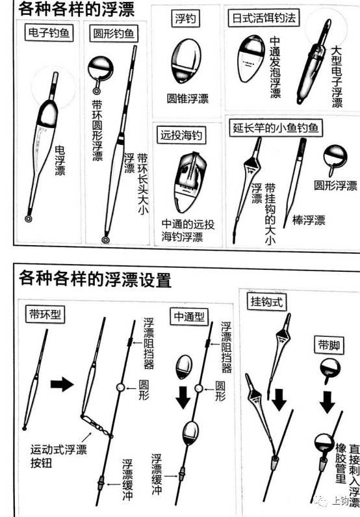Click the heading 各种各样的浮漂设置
[x=91, y=280]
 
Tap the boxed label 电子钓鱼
[x=51, y=32]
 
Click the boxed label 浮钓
[x=187, y=18]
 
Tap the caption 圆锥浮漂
[x=186, y=99]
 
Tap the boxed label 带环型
[x=46, y=313]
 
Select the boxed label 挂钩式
[x=264, y=301]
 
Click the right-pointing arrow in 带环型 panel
[x=62, y=385]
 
